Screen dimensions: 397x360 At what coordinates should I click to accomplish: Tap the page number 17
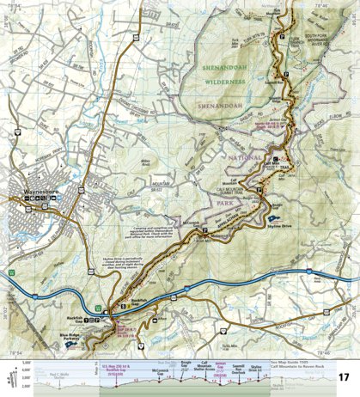pos(344,377)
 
